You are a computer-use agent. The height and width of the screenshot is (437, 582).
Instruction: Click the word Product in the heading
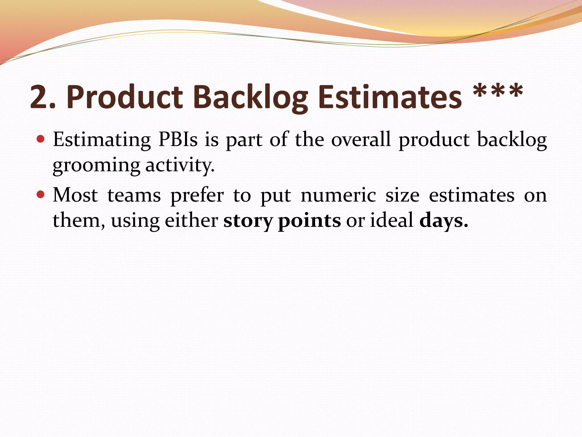(x=124, y=97)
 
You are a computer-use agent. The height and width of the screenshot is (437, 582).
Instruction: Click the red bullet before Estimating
(x=41, y=139)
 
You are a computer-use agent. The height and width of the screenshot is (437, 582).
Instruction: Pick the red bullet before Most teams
(x=41, y=195)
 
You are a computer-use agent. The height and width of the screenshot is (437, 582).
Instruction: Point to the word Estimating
(x=102, y=140)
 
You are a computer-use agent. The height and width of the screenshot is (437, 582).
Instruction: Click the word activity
(x=180, y=165)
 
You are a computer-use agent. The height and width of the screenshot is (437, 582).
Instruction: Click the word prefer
(x=197, y=196)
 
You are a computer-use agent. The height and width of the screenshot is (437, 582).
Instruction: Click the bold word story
(x=248, y=221)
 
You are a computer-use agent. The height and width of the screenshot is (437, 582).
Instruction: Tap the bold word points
(x=309, y=221)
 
